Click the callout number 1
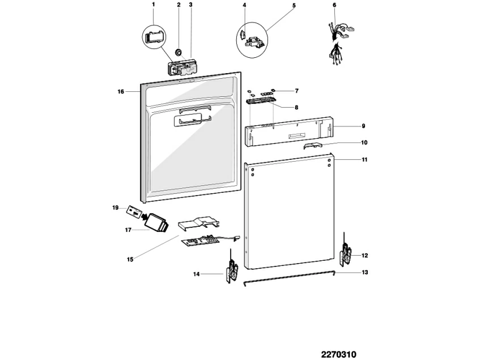(x=153, y=5)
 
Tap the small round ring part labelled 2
(x=179, y=52)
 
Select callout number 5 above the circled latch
(x=294, y=5)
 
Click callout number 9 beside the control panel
(x=363, y=126)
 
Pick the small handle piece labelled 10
(x=311, y=145)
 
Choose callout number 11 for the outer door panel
(x=364, y=160)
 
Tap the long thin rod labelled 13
(x=289, y=277)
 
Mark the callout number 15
(x=130, y=260)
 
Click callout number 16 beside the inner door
(x=121, y=91)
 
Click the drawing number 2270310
(x=338, y=355)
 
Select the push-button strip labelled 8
(x=261, y=100)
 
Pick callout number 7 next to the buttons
(x=296, y=91)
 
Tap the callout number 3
(x=190, y=5)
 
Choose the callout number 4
(x=244, y=5)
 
